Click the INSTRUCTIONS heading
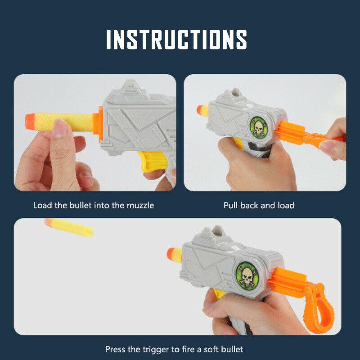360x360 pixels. [176, 39]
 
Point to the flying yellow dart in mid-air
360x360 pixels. [70, 227]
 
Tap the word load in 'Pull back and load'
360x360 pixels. [286, 206]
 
